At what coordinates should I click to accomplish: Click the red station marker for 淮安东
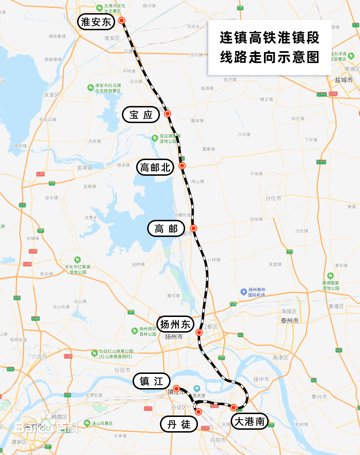coord(122,21)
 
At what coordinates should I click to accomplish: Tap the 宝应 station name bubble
coord(141,115)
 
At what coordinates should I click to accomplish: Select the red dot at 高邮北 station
coord(182,165)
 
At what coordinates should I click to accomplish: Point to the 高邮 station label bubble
coord(166,229)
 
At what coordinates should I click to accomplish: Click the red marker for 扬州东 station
coord(199,333)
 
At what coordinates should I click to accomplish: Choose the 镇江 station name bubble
coord(151,381)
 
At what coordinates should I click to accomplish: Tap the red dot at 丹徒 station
coord(198,412)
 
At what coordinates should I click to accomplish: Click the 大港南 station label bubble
coord(249,422)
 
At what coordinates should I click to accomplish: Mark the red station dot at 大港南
coord(233,407)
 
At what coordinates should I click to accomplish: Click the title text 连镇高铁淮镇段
coord(269,38)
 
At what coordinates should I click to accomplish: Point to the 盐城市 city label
coord(344,80)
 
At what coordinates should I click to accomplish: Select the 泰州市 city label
coord(290,321)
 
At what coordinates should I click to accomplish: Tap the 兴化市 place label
coord(273,198)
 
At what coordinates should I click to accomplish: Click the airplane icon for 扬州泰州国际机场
coord(243,292)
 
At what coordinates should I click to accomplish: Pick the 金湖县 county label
coord(85,168)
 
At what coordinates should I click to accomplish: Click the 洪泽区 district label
coord(51,95)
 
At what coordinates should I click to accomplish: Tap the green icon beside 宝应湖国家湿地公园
coord(155,138)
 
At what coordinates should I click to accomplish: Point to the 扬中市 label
coord(261,379)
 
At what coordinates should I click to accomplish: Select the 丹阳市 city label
coord(218,440)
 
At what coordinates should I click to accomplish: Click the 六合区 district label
coord(39,356)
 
